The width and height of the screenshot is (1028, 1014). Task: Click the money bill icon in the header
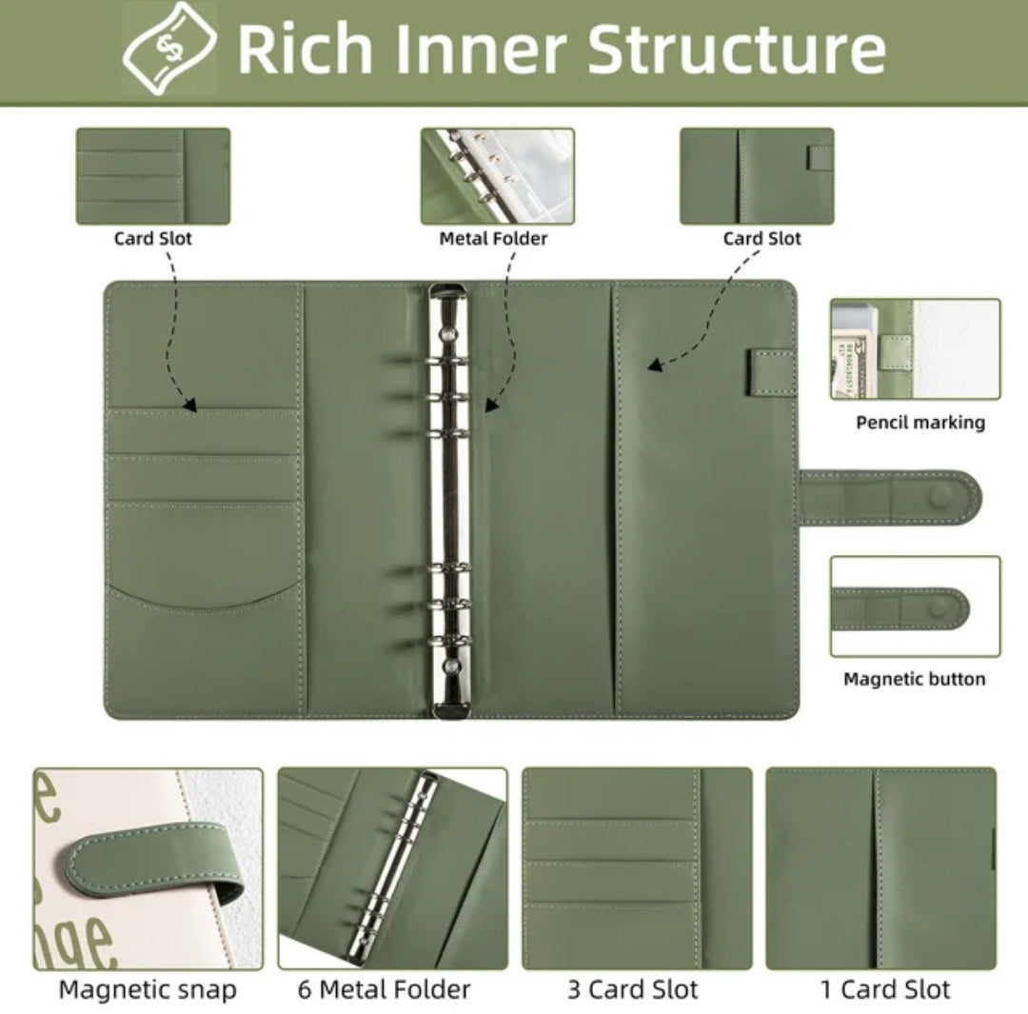[x=169, y=49]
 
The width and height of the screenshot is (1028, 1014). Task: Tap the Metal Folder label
[x=493, y=238]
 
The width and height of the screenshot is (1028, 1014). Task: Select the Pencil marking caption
[x=920, y=423]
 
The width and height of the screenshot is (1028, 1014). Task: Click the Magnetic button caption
[x=915, y=679]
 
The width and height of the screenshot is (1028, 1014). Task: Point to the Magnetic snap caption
[x=148, y=990]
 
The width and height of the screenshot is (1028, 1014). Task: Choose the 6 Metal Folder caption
[x=385, y=989]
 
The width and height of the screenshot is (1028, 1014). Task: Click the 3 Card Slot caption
[x=633, y=989]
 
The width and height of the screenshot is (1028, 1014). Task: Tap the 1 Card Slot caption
[x=885, y=989]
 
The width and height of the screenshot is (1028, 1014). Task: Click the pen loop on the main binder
[x=772, y=372]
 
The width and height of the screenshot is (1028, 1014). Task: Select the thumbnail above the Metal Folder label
[x=498, y=176]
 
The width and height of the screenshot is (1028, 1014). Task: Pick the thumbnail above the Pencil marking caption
[x=916, y=348]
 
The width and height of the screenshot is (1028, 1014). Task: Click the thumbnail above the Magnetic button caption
[x=916, y=606]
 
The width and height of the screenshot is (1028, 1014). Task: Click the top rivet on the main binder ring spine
[x=449, y=335]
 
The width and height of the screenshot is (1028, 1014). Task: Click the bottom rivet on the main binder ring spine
[x=450, y=667]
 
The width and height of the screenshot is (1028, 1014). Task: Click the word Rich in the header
[x=305, y=49]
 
